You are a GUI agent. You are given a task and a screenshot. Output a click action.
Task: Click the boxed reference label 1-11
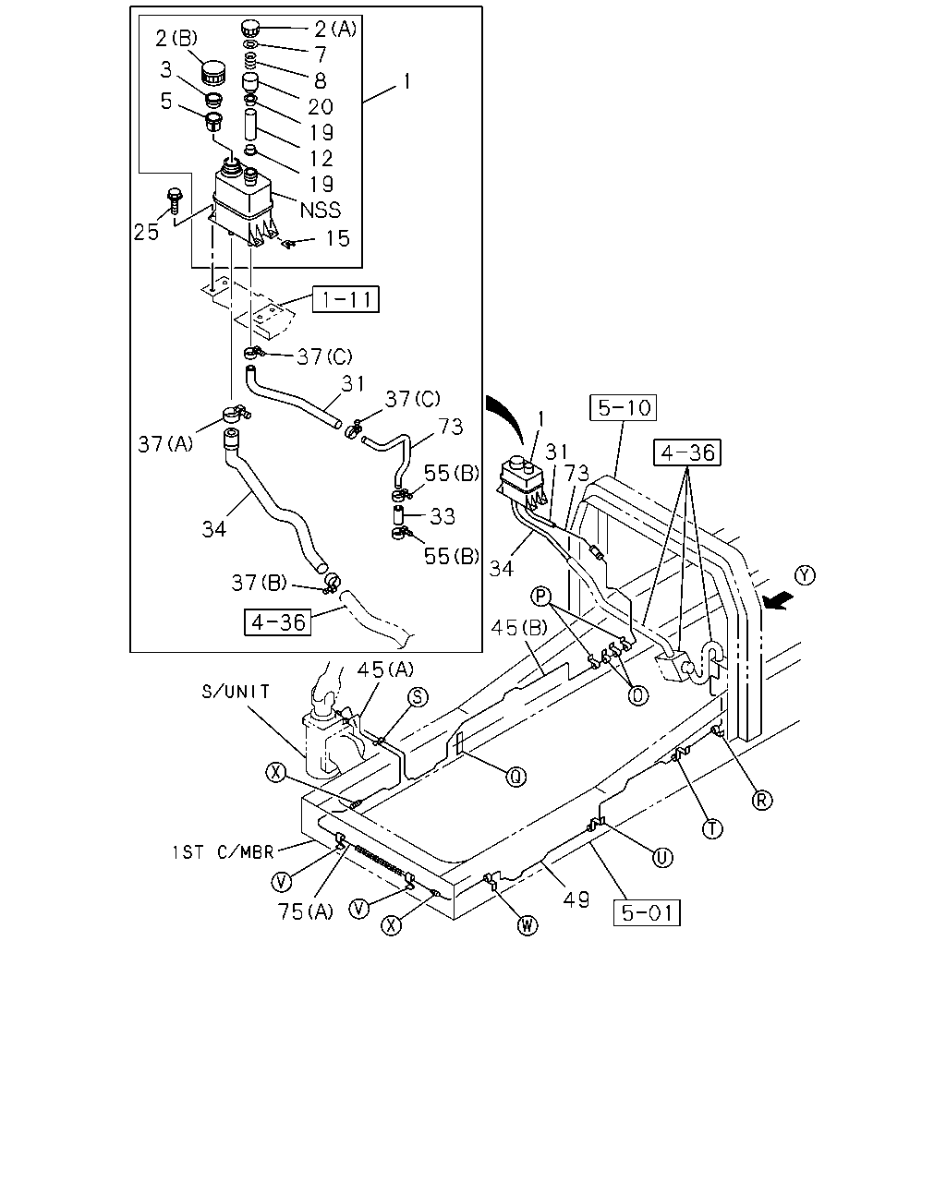tap(346, 299)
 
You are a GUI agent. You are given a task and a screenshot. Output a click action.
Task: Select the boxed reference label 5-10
tap(623, 407)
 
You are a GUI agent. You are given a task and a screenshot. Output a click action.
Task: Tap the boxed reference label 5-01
tap(647, 913)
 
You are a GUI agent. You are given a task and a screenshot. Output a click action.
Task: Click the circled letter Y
tap(806, 575)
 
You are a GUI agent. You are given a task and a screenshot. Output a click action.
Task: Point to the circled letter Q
tap(515, 777)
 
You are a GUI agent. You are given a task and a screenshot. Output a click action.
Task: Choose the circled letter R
tap(761, 801)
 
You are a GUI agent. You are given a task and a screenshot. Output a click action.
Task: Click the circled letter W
tap(528, 926)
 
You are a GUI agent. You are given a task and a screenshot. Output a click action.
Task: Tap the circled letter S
tap(418, 697)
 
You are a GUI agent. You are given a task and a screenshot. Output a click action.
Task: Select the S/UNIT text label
tap(236, 692)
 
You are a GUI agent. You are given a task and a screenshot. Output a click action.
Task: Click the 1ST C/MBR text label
tap(223, 852)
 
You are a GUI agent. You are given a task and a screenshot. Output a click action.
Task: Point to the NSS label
tap(321, 210)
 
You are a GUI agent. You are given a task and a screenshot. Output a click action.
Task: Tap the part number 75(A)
tap(306, 911)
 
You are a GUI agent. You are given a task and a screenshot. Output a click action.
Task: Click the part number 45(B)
tap(519, 627)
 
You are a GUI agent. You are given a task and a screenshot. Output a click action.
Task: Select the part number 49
tap(576, 899)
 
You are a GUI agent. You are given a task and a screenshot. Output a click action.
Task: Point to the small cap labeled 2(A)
tap(250, 27)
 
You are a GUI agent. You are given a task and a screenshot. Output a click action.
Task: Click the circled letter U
tap(661, 857)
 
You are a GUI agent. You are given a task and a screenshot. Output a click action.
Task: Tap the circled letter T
tap(712, 828)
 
